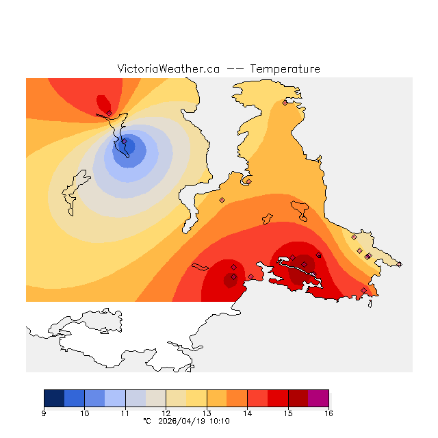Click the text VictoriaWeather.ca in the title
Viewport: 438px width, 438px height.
pos(168,69)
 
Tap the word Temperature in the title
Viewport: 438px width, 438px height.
pos(285,69)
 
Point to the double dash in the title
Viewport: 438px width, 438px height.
pos(235,69)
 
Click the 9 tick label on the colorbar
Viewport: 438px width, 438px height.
pos(44,413)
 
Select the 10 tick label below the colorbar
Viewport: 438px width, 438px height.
pos(84,413)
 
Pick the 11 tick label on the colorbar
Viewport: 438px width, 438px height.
pos(125,413)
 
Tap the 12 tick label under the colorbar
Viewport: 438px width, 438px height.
pos(166,413)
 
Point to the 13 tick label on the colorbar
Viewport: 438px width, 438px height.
pos(207,413)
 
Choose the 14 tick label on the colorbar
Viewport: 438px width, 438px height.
pos(247,413)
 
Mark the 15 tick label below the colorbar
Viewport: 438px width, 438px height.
pos(288,413)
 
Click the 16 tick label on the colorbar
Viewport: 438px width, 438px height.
pos(328,413)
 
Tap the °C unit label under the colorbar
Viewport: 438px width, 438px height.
pos(146,422)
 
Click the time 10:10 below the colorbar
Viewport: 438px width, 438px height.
pos(220,422)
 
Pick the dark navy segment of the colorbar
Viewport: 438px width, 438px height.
pos(54,398)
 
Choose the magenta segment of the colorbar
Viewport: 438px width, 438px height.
pos(318,398)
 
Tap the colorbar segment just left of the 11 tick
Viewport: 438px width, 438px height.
pos(115,398)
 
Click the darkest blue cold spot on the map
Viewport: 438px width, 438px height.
pos(127,146)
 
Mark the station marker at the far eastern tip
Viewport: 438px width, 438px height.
pos(400,264)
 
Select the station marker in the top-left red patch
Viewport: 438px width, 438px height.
pos(109,113)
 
